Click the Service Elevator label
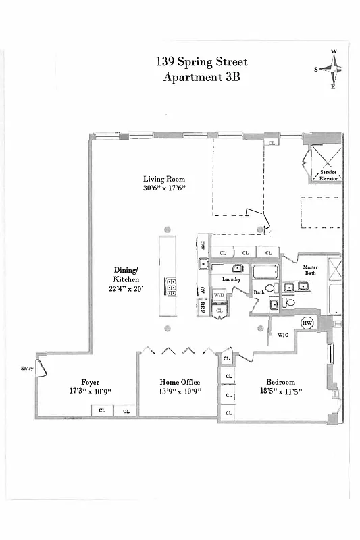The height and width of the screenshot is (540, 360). [329, 177]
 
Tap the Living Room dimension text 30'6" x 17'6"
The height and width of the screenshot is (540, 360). [164, 189]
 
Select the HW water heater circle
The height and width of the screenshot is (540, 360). [307, 323]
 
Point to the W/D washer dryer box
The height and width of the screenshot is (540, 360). [219, 296]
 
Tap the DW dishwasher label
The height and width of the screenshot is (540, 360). [202, 245]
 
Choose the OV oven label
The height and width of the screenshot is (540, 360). [202, 290]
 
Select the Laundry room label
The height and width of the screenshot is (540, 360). [231, 279]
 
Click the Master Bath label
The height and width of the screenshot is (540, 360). [310, 270]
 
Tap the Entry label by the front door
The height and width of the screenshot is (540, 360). [27, 369]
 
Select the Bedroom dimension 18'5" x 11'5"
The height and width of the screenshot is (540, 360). [280, 391]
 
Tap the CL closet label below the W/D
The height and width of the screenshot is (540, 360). [219, 310]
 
